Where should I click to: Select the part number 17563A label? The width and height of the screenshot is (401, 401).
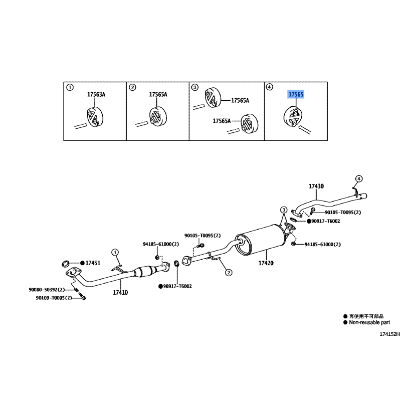(96, 94)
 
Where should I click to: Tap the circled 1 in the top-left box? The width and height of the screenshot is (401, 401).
(70, 87)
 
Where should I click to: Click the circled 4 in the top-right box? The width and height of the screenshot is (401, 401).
(270, 87)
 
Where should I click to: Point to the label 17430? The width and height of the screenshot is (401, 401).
(316, 186)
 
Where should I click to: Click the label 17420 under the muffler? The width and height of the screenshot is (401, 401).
(266, 263)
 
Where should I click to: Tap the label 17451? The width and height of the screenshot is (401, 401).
(93, 263)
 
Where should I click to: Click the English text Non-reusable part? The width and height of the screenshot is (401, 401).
(371, 323)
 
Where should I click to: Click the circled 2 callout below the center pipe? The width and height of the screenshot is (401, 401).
(228, 273)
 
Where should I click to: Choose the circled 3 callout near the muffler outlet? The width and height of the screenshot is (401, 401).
(284, 209)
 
